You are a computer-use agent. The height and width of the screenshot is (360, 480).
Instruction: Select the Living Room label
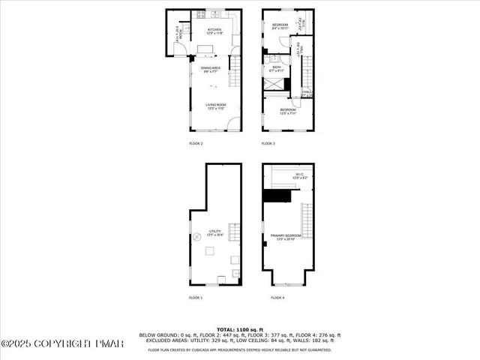pos(217,106)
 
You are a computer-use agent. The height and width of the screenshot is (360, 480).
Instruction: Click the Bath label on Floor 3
pos(277,68)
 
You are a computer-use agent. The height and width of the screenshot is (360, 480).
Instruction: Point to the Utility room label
pos(216,233)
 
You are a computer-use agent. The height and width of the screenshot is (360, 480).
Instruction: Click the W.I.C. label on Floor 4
pos(298,175)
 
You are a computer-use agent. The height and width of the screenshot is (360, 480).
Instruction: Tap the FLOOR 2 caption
pos(196,143)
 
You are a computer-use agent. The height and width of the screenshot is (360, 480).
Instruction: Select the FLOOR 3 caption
pos(268,143)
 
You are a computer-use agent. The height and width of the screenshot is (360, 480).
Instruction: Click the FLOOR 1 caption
pos(196,298)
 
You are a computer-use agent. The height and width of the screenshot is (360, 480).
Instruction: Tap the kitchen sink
pos(214,14)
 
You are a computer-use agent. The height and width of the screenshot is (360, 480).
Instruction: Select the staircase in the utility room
pos(232,232)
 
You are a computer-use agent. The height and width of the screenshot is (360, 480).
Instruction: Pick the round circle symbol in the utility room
pos(197,235)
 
